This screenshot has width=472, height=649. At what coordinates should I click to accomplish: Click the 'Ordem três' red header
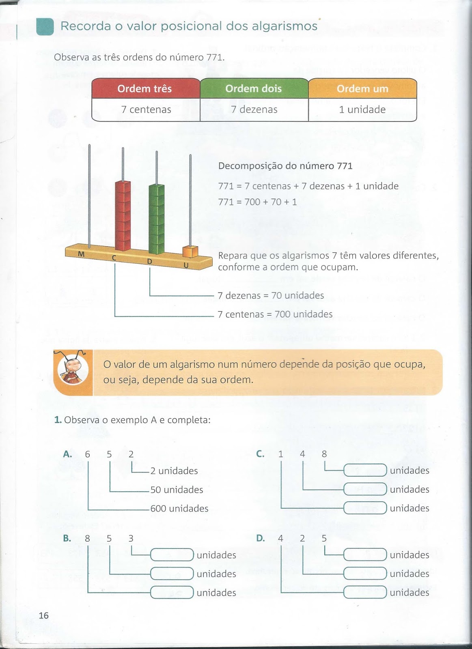[x=145, y=88]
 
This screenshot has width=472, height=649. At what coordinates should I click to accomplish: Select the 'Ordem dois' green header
[x=254, y=88]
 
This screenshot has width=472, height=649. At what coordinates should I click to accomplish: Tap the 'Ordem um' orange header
[x=362, y=88]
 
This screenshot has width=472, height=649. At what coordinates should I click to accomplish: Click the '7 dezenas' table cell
[x=254, y=110]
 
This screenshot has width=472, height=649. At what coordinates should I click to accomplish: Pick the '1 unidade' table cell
[x=362, y=110]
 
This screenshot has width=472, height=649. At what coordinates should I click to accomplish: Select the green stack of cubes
[x=157, y=218]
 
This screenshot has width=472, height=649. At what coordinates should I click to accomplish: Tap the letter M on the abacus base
[x=81, y=254]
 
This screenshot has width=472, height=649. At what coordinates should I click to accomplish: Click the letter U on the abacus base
[x=186, y=265]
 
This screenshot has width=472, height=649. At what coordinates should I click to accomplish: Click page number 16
[x=43, y=615]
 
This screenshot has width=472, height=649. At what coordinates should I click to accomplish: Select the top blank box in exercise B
[x=172, y=554]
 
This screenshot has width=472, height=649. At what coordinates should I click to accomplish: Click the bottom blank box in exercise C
[x=365, y=508]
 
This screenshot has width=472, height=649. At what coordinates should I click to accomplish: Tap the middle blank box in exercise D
[x=365, y=574]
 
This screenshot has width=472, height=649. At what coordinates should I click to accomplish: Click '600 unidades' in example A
[x=179, y=508]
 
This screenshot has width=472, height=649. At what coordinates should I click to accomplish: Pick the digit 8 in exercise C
[x=324, y=454]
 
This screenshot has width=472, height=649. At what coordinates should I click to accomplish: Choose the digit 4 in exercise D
[x=280, y=538]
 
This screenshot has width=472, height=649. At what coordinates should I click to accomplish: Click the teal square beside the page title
[x=45, y=26]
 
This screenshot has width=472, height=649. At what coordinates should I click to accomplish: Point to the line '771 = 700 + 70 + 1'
[x=257, y=202]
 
